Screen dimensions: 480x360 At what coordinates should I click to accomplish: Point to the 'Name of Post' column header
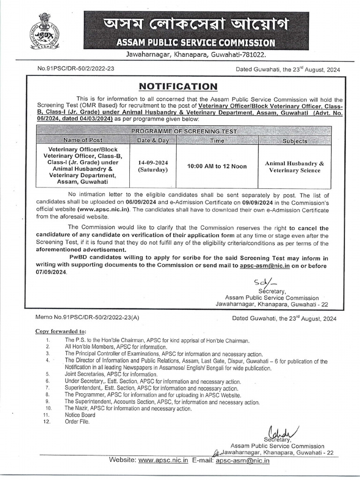(82, 140)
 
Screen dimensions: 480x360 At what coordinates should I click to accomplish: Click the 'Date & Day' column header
(152, 140)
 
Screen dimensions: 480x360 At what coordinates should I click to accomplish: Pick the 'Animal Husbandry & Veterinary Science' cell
(294, 167)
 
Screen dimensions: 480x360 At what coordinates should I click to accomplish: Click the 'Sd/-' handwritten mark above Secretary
(259, 283)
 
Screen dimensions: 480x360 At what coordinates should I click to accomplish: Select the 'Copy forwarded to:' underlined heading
(60, 331)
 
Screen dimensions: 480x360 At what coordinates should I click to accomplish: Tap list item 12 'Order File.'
(76, 421)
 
